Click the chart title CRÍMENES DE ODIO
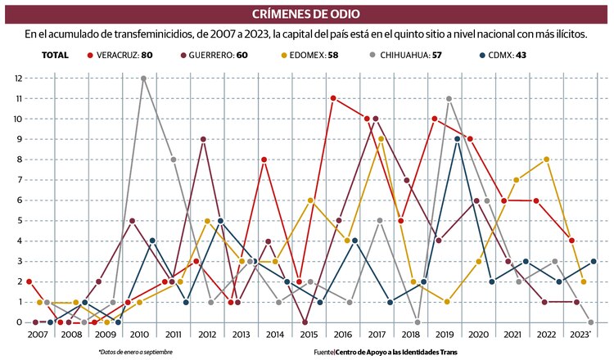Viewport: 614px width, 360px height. (x=307, y=15)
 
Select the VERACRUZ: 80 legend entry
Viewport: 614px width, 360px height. (x=123, y=55)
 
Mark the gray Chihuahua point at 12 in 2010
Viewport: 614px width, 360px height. (x=143, y=79)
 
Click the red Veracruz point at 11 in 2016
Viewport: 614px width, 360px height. (x=333, y=99)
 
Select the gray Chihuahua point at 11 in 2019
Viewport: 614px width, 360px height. (x=449, y=99)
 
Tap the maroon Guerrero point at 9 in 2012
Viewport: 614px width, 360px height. (x=202, y=139)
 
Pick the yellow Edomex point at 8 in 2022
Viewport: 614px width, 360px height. (x=546, y=160)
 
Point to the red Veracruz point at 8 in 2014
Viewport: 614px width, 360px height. (x=264, y=160)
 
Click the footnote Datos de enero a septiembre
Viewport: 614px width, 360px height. (x=124, y=352)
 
